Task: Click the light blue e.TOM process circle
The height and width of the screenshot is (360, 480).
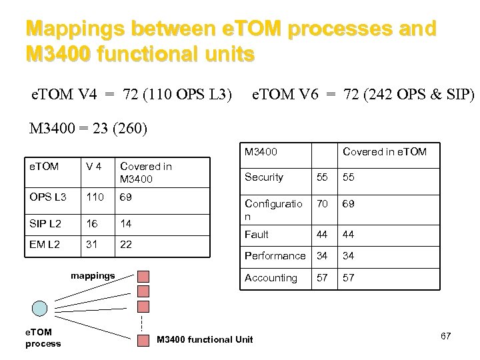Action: (40, 308)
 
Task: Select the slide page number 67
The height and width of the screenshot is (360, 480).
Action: (445, 336)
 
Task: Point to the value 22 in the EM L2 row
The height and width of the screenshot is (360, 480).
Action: (125, 245)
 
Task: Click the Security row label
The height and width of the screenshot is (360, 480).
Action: (264, 177)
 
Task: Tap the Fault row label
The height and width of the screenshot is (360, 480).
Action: (257, 235)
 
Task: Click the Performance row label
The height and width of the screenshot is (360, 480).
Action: (275, 256)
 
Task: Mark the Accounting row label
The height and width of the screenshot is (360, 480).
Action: (271, 278)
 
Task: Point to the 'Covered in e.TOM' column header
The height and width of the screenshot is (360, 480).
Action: (385, 153)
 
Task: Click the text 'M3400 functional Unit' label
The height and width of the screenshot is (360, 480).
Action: (205, 339)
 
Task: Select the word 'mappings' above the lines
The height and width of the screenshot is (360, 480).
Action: (93, 275)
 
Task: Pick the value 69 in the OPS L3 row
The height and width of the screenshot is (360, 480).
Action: (125, 198)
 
